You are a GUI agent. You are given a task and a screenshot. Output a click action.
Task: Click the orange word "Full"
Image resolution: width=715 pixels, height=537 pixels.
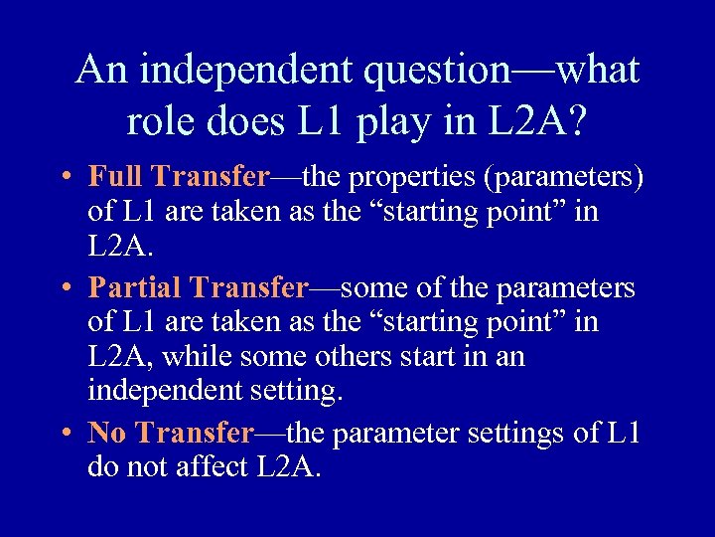(x=117, y=178)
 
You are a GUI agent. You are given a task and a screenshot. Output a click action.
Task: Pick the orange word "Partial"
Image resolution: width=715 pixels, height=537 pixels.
(x=136, y=288)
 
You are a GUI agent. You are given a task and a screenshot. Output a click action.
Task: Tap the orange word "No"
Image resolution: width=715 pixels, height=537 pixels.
(x=109, y=433)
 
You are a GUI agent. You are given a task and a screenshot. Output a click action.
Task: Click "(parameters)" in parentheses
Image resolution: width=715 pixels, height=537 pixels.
(x=562, y=179)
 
